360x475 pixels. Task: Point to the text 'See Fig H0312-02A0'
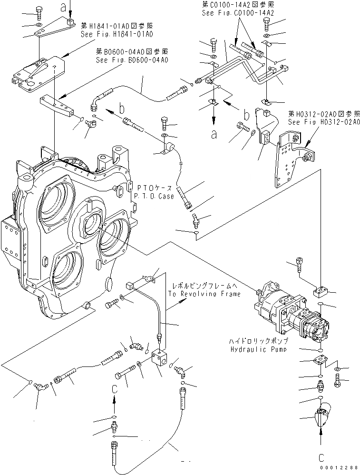pyautogui.click(x=323, y=122)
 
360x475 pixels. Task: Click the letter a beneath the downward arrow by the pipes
pyautogui.click(x=214, y=135)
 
